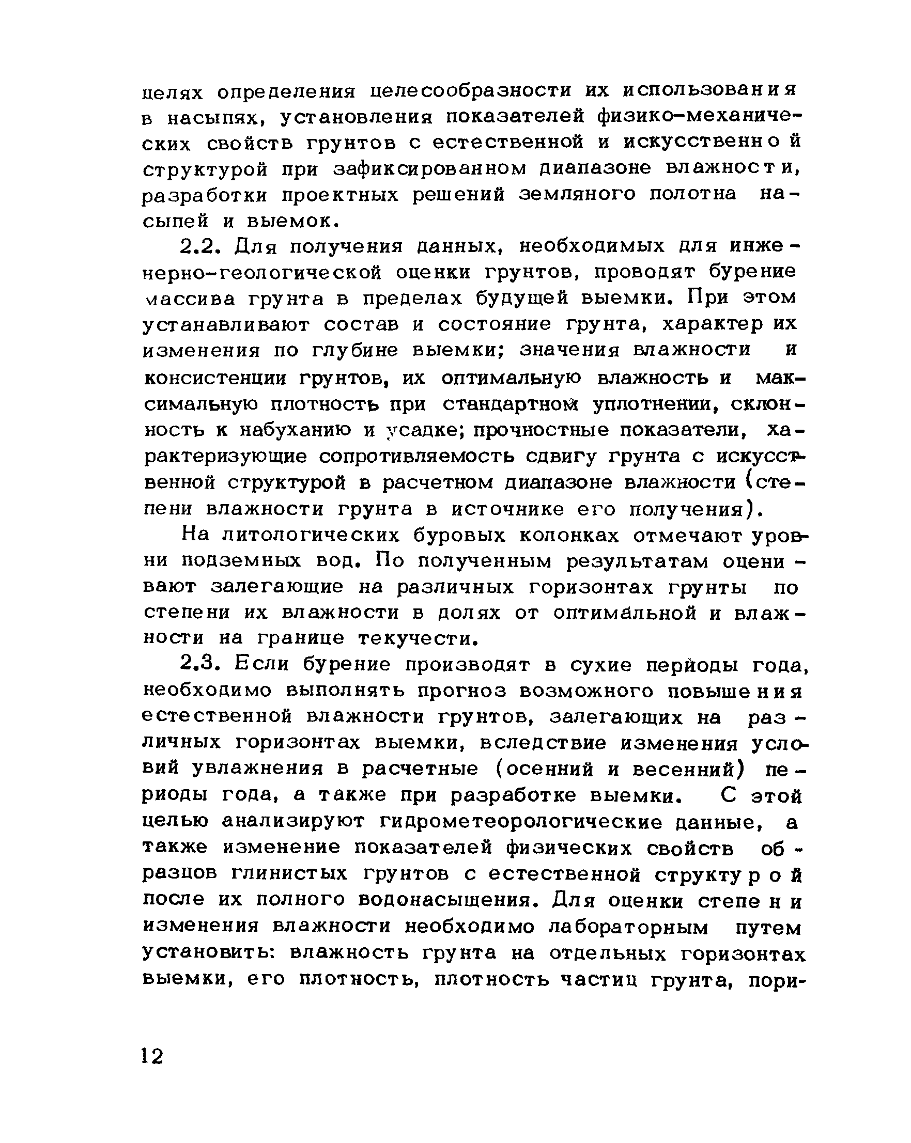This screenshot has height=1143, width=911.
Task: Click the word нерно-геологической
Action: (x=263, y=273)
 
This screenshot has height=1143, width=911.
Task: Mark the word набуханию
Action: (x=295, y=430)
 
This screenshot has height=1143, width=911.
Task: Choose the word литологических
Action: (x=311, y=536)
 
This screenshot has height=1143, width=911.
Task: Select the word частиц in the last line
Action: (x=599, y=980)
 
